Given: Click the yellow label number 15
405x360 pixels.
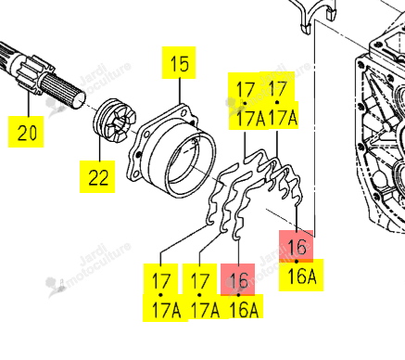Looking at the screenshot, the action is click(179, 63).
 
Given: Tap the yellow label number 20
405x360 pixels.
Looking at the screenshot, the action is click(27, 133).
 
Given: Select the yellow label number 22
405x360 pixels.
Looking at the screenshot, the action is click(98, 177).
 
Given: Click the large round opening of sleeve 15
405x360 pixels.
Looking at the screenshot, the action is click(189, 164).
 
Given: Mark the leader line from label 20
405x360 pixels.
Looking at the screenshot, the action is click(29, 103).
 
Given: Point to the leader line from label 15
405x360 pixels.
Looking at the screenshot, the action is click(180, 91).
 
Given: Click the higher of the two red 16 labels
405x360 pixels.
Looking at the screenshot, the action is click(297, 246).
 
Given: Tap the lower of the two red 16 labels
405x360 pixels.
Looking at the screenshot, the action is click(238, 280).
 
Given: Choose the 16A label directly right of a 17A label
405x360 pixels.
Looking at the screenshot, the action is click(244, 310).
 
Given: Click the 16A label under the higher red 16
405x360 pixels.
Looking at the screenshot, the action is click(302, 276).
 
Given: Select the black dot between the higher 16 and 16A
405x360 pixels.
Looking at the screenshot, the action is click(297, 262).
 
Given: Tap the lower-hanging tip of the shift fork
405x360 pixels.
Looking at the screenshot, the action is click(306, 30).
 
